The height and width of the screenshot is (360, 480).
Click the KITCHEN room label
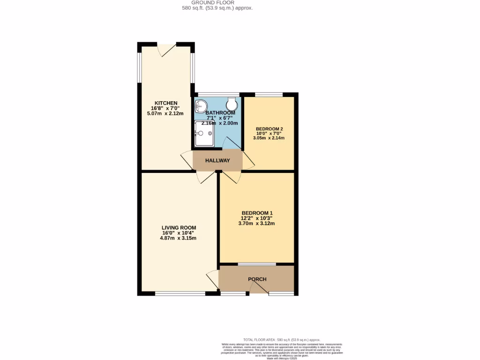tap(166, 103)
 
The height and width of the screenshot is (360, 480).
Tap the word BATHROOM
tap(220, 113)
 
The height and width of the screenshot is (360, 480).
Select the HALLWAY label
tap(217, 161)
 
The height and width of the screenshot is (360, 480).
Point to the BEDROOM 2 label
tap(269, 128)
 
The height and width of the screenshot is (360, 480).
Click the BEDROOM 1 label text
tap(256, 213)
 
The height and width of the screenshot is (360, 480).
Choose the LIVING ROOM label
tap(178, 228)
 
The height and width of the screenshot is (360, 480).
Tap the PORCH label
tap(257, 279)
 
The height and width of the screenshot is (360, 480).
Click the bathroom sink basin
tap(202, 105)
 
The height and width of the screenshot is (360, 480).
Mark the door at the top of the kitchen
tap(167, 49)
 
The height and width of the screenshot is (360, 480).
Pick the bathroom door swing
tap(231, 144)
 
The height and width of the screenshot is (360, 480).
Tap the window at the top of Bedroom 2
tap(269, 95)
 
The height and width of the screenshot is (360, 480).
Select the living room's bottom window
tap(180, 294)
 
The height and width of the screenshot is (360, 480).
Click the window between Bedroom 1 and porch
tap(256, 264)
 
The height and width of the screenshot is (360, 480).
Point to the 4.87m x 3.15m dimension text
tap(178, 238)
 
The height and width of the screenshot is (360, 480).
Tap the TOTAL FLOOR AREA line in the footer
tap(282, 339)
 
